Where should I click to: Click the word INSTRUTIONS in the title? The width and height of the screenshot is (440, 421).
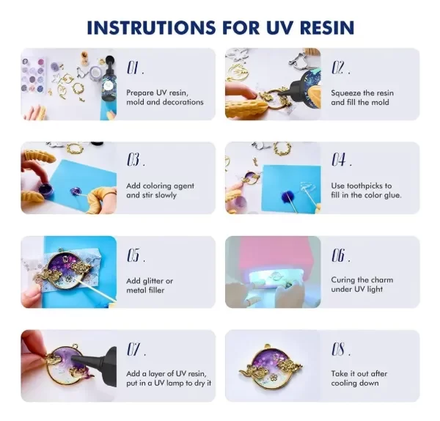tap(152, 28)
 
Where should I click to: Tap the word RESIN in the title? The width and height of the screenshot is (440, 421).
tap(325, 28)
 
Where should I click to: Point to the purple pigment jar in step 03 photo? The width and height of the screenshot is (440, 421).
tap(44, 187)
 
